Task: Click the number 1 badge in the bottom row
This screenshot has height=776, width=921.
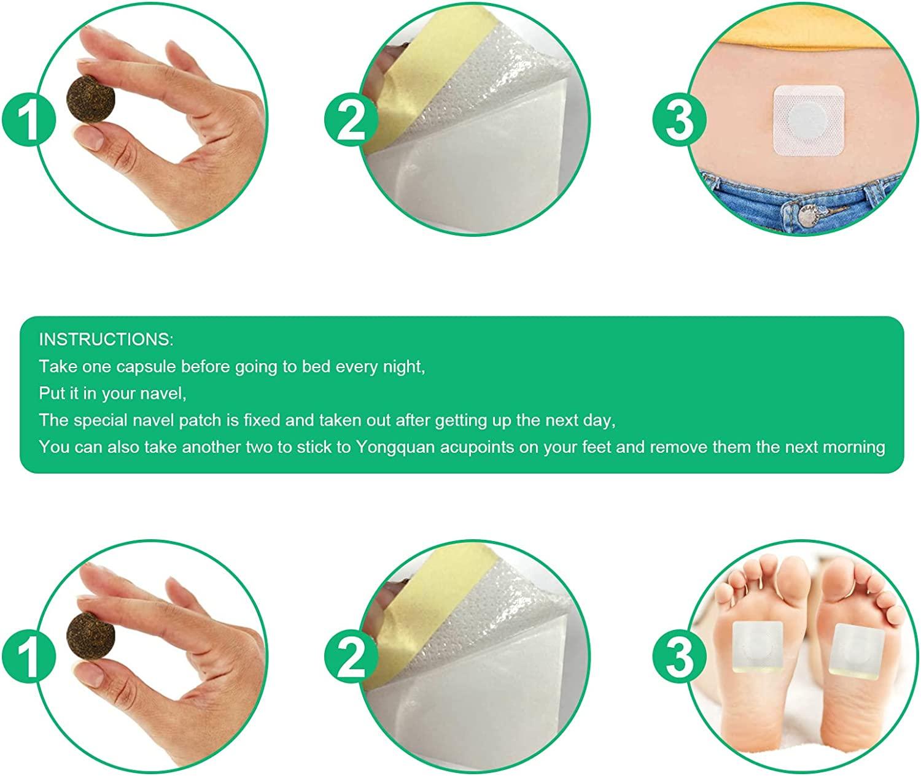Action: [x=29, y=656]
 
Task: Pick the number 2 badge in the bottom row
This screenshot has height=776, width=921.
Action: [x=351, y=656]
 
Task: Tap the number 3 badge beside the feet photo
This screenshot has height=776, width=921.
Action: [x=679, y=656]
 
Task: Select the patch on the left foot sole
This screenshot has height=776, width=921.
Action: [x=758, y=647]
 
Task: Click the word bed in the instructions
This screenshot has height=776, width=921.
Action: [x=316, y=367]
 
